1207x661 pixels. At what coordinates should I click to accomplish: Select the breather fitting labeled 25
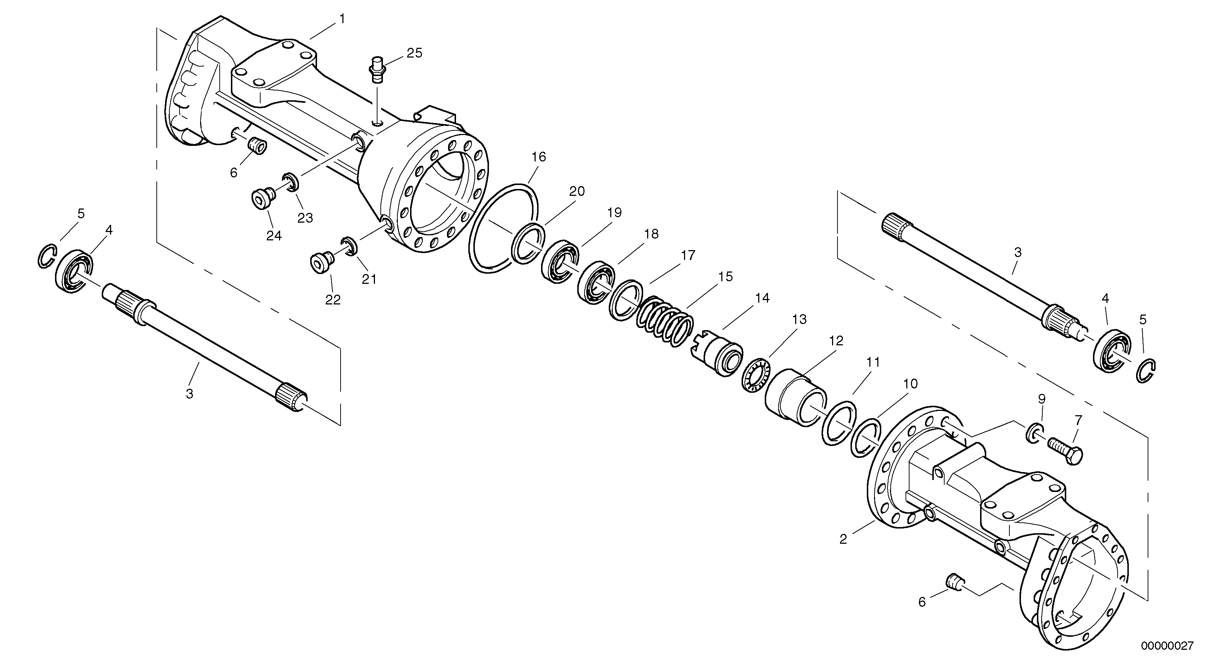(376, 70)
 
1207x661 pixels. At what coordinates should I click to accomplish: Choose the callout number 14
(762, 298)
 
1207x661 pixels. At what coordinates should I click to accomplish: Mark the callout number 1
(342, 19)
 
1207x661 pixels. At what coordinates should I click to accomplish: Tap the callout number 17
(688, 256)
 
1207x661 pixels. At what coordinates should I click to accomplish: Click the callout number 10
(910, 384)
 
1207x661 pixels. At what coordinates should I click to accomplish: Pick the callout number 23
(305, 218)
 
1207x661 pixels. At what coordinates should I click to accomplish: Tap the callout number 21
(369, 279)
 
